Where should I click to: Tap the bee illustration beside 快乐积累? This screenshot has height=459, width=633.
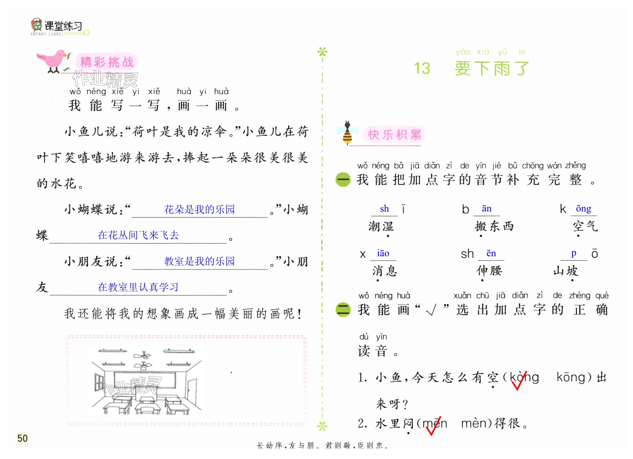click(x=347, y=133)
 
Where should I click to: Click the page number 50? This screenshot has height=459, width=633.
click(x=22, y=438)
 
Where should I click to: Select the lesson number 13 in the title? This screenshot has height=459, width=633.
click(x=422, y=68)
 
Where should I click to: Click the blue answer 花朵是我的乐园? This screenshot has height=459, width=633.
click(x=199, y=209)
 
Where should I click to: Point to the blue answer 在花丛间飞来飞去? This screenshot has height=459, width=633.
click(x=138, y=235)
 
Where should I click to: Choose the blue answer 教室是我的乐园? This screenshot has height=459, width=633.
click(x=199, y=261)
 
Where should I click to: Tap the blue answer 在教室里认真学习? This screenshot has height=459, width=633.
click(x=138, y=287)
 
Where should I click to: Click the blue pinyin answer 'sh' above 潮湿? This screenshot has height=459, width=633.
click(x=384, y=209)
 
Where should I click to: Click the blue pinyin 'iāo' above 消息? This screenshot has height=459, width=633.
click(x=383, y=253)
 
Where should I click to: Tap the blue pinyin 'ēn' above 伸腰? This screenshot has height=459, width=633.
click(x=491, y=253)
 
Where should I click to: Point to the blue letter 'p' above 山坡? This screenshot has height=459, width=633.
click(x=574, y=253)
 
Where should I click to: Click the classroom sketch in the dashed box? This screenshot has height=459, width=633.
click(x=147, y=381)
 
